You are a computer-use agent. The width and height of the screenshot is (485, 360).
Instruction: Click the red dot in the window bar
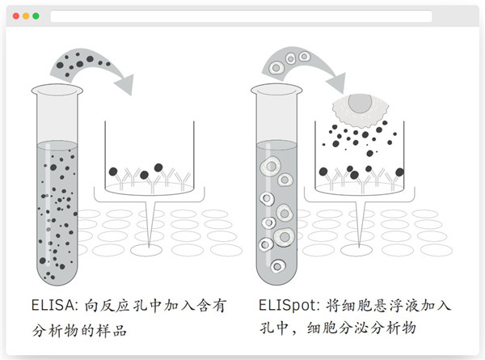pyautogui.click(x=16, y=16)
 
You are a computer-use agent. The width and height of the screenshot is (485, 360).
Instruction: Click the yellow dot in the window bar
pyautogui.click(x=26, y=16)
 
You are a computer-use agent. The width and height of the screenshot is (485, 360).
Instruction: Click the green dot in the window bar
pyautogui.click(x=36, y=16)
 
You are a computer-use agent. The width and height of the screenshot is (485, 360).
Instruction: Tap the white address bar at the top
pyautogui.click(x=241, y=16)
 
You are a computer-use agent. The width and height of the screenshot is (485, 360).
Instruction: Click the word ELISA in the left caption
pyautogui.click(x=46, y=307)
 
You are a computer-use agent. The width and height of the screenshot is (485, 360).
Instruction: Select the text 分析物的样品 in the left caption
pyautogui.click(x=79, y=332)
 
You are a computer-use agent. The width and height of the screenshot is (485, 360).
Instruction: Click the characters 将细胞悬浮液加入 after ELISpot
pyautogui.click(x=390, y=307)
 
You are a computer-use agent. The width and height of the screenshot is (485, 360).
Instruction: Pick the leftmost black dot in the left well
pyautogui.click(x=113, y=172)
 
